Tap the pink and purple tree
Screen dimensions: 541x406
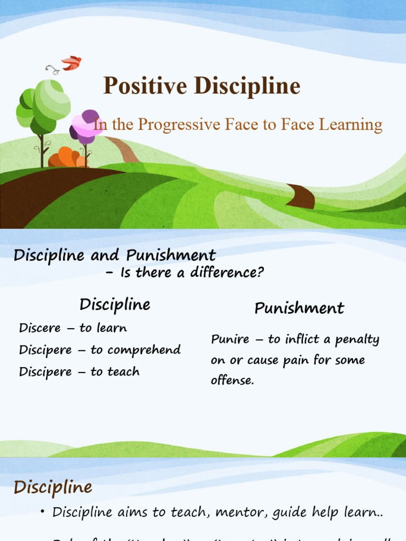(x=86, y=127)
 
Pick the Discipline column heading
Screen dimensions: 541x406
(x=115, y=305)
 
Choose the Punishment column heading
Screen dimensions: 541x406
(x=299, y=308)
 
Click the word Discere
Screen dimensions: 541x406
(x=40, y=328)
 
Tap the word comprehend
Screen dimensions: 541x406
(x=143, y=350)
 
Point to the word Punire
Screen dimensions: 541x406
(x=230, y=339)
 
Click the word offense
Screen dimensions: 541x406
(x=232, y=380)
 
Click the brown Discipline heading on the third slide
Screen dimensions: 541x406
(x=53, y=487)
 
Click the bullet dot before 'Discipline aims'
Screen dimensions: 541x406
(x=43, y=512)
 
